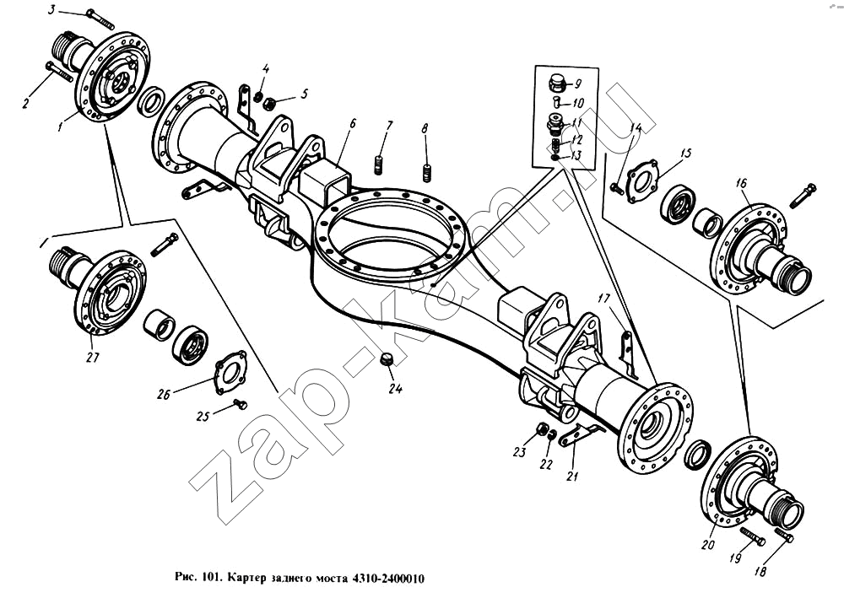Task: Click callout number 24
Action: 396,389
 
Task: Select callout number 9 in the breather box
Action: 577,84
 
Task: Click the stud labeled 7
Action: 378,164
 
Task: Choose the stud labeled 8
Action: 427,173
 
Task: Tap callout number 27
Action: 93,357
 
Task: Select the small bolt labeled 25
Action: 240,404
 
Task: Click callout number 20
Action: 708,544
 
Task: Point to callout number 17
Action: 604,298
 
